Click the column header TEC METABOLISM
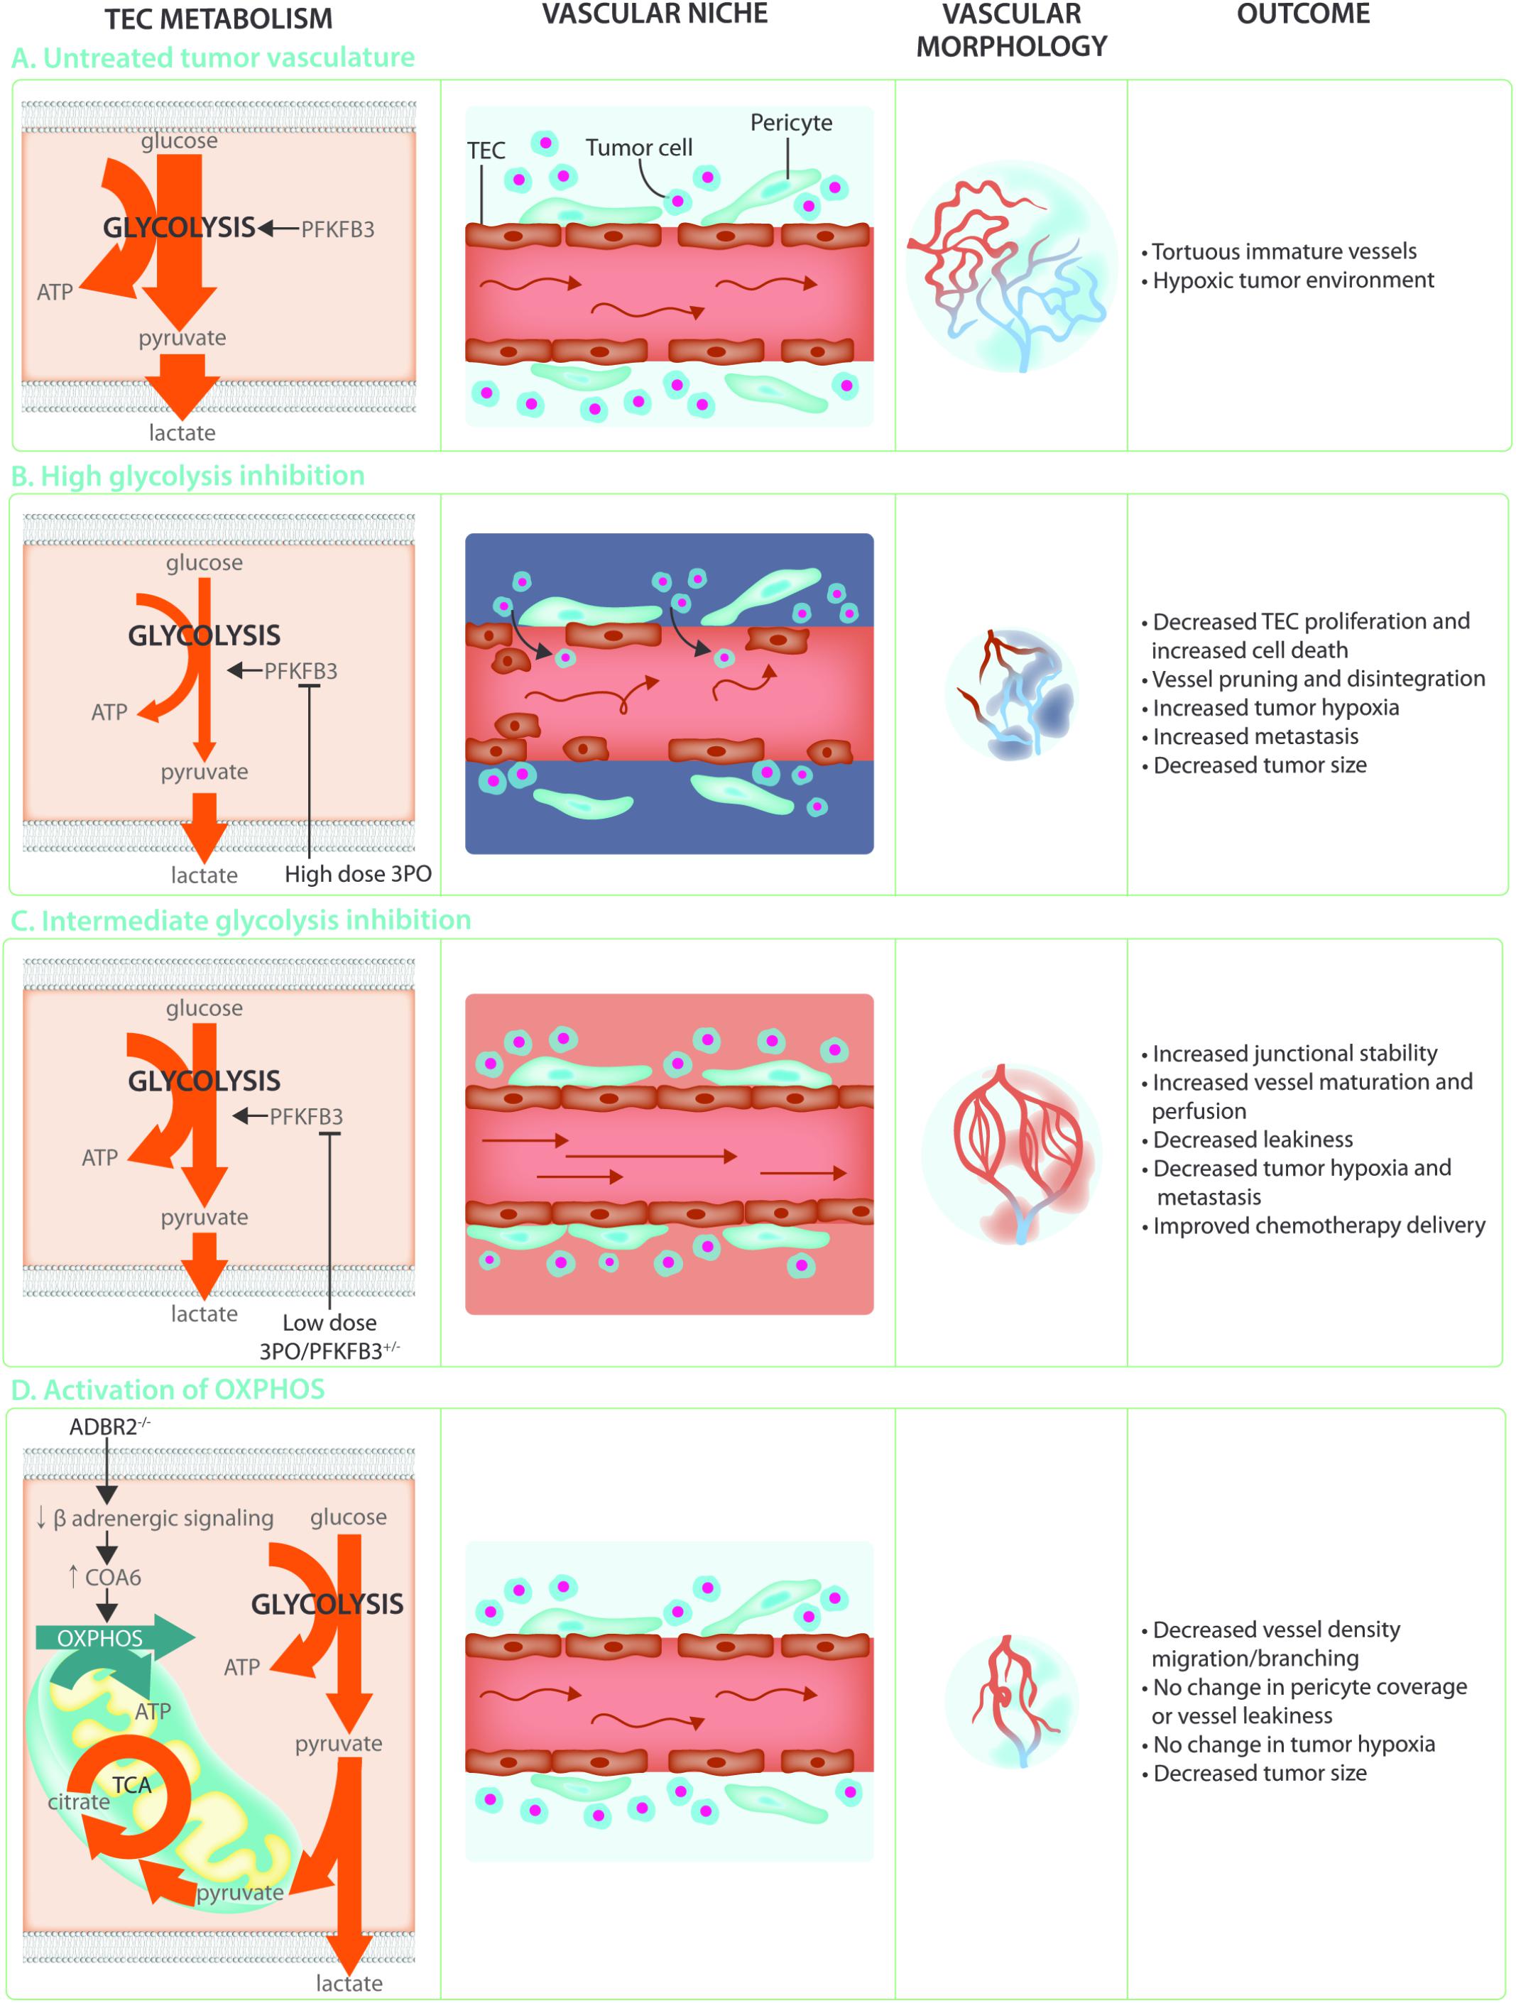coord(218,19)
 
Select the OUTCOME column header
coord(1302,14)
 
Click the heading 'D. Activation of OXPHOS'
coord(168,1389)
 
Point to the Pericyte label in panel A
coord(790,123)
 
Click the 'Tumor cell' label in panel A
coord(638,148)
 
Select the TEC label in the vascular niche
coord(486,151)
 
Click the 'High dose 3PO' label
coord(358,874)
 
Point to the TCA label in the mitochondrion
coord(132,1786)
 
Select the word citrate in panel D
coord(79,1802)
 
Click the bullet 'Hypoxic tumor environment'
coord(1292,280)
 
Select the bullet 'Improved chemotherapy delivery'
coord(1318,1226)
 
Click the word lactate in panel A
coord(182,433)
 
